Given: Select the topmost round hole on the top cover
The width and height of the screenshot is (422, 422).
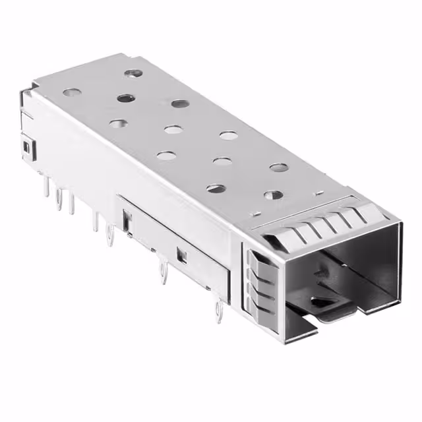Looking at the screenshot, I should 134,73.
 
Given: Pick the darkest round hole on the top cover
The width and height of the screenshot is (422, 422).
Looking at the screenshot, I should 125,98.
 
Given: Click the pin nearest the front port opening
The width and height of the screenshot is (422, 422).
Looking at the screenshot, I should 217,314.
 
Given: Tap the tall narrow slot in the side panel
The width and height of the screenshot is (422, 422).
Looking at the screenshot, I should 126,218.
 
